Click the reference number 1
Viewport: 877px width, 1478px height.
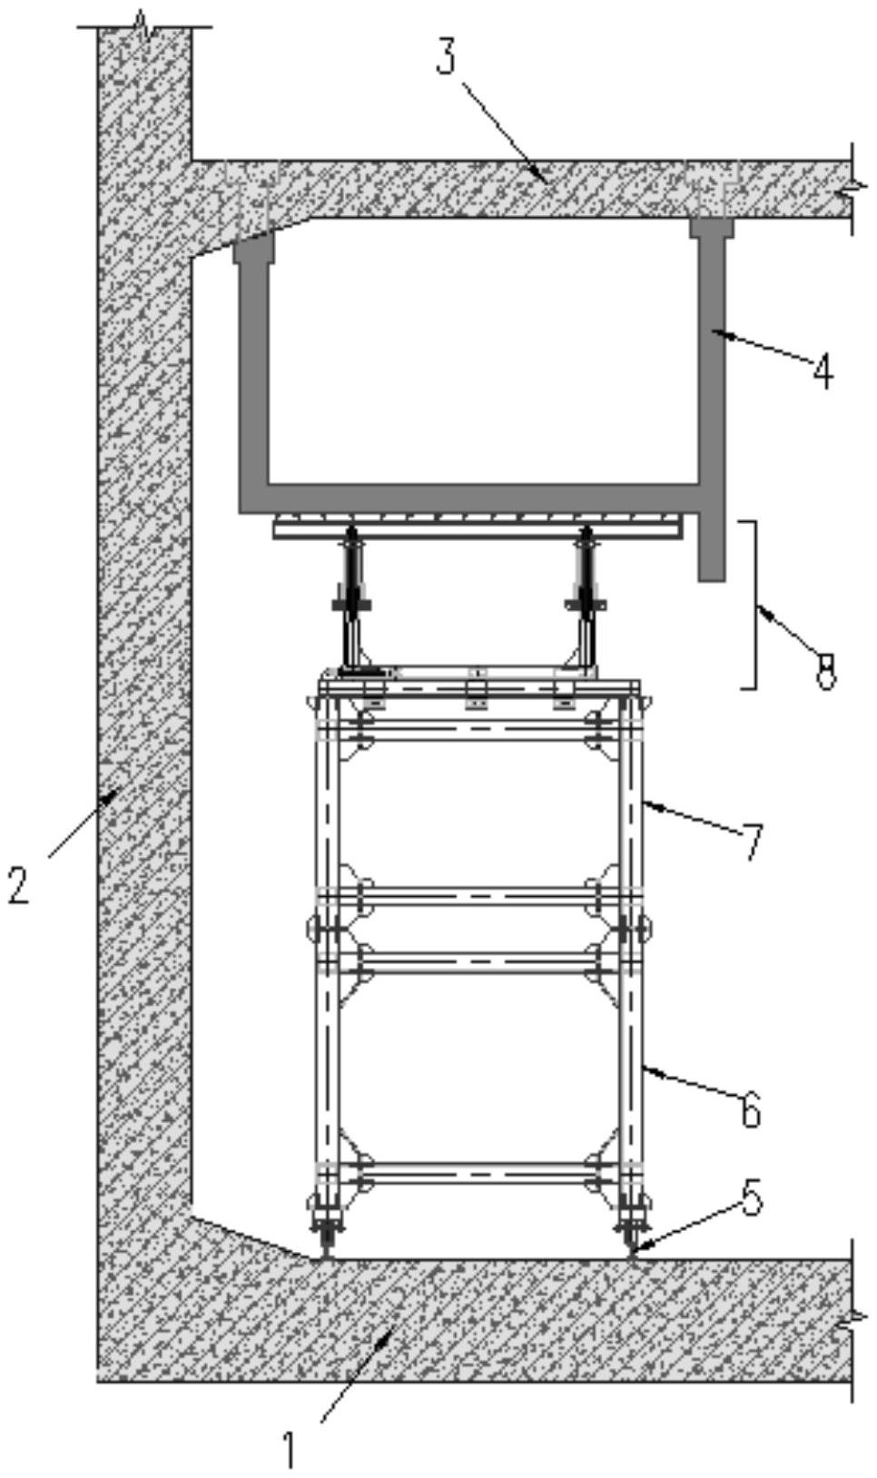[x=289, y=1447]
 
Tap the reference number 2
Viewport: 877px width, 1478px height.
[x=18, y=884]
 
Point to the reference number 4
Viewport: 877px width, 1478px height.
[x=823, y=372]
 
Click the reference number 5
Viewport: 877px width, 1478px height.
[x=750, y=1196]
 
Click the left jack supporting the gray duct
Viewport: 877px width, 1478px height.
[x=352, y=599]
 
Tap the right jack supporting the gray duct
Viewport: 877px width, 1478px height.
[x=586, y=599]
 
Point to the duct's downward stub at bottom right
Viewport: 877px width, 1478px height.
[x=712, y=547]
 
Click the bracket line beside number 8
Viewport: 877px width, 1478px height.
[x=755, y=605]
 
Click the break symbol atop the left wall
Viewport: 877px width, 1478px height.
[x=145, y=25]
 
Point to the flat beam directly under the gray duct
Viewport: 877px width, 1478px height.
[x=478, y=527]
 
